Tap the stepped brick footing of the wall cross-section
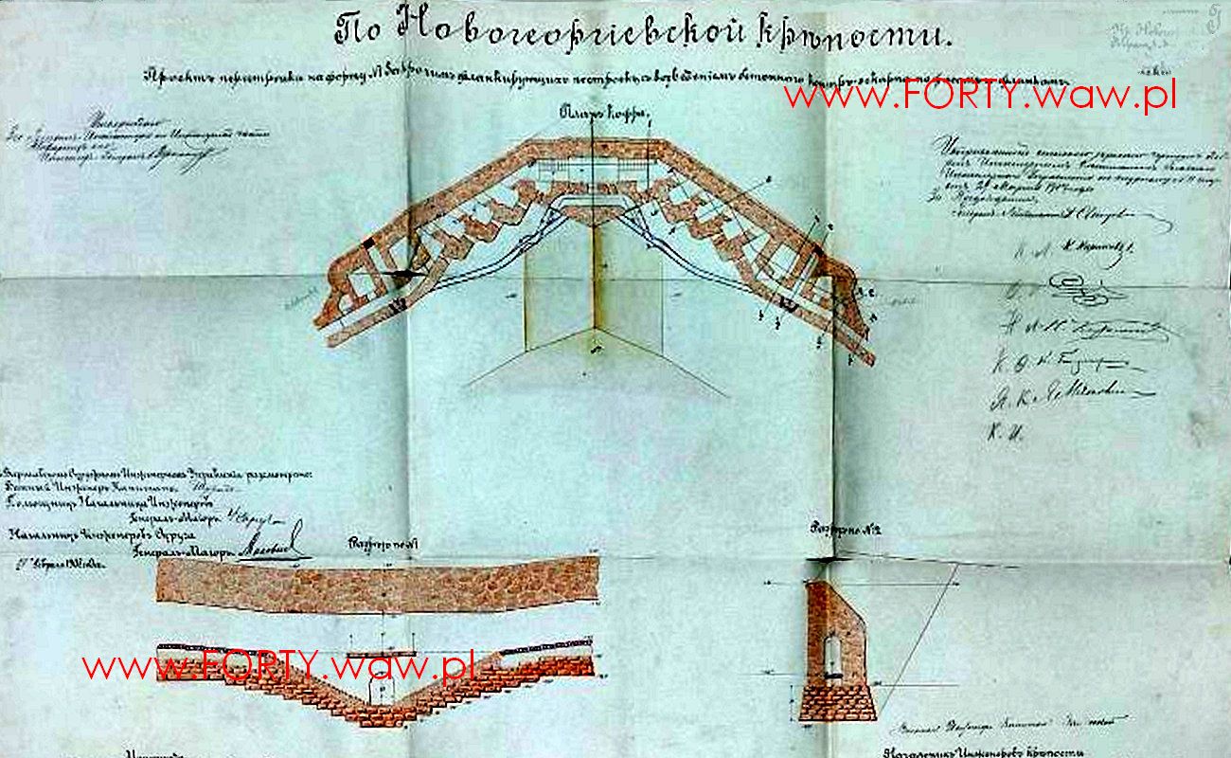[837, 703]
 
